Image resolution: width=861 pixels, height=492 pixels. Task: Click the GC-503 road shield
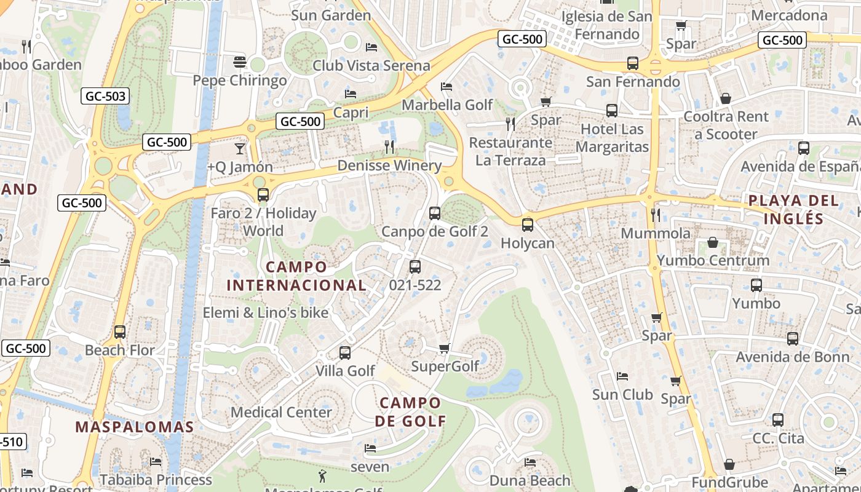[x=105, y=96]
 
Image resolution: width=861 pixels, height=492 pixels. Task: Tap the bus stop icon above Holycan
[x=527, y=225]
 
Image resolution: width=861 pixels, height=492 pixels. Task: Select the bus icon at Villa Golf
[x=345, y=353]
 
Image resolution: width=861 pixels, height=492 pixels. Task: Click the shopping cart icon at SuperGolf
[x=445, y=349]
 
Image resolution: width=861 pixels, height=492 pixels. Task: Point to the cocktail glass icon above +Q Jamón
[x=239, y=149]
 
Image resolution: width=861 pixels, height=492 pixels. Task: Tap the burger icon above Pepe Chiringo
[x=240, y=62]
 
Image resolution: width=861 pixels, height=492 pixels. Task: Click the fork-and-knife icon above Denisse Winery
[x=389, y=147]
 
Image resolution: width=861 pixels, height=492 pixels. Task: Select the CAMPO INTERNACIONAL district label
[x=296, y=276]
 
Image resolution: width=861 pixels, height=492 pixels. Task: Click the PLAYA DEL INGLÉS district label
[x=793, y=209]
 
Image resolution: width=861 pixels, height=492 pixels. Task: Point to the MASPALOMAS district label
[x=135, y=427]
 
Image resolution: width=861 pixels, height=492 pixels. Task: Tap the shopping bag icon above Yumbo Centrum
[x=713, y=242]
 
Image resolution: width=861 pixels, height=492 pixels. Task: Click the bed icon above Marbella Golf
[x=446, y=87]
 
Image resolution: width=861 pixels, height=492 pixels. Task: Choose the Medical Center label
[x=281, y=412]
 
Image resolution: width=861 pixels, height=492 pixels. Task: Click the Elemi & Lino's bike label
[x=266, y=312]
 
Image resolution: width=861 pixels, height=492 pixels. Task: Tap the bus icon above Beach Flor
[x=120, y=332]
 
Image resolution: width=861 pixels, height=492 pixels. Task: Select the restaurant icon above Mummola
[x=656, y=215]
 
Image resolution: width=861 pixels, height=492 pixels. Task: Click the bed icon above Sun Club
[x=622, y=376]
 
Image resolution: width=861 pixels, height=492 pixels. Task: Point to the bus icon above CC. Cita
[x=778, y=420]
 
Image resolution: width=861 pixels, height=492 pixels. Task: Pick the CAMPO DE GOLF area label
[x=410, y=412]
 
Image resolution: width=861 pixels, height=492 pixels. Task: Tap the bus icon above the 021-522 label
[x=415, y=267]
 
